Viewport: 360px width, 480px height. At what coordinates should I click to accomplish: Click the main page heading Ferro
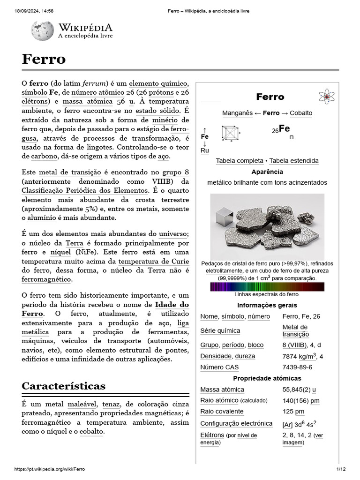[44, 59]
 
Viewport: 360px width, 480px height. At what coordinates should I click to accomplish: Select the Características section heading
[64, 386]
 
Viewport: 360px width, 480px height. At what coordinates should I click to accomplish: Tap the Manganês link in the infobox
[237, 113]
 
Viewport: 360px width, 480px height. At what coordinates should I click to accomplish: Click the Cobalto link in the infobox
[301, 113]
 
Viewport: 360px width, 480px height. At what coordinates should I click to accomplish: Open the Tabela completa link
[239, 161]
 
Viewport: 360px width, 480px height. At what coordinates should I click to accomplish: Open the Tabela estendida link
[294, 161]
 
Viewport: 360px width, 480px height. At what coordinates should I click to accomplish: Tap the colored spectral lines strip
[267, 286]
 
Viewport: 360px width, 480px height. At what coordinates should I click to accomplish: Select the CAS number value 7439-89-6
[297, 367]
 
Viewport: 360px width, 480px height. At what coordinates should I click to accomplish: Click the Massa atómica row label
[222, 390]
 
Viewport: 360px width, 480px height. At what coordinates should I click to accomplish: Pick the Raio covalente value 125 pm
[293, 411]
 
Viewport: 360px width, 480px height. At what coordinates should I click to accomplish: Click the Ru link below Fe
[204, 150]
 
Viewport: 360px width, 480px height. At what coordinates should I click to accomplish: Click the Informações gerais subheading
[267, 305]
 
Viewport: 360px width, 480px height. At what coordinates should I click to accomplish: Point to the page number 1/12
[340, 469]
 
